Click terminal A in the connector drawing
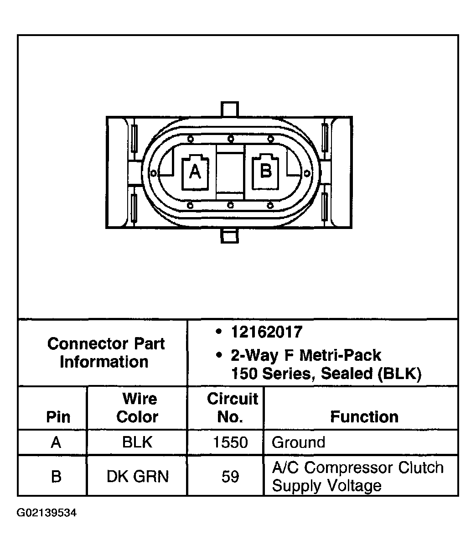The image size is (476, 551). coord(195,172)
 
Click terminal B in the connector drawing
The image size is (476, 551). coord(265,172)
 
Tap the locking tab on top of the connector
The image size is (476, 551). coord(230,109)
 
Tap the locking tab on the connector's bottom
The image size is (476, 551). coord(230,235)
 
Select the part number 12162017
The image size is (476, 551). coord(267,332)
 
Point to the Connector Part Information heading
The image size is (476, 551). coord(106,353)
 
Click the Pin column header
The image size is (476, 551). coord(58,417)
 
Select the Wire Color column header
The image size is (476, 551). coord(137,408)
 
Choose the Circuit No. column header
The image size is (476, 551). coord(232,408)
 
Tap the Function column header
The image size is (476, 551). coord(364,417)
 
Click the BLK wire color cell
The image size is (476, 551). coord(137,442)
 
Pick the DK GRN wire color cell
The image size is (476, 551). coord(138,476)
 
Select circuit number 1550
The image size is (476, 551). coord(230,442)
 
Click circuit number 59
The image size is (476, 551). coord(230,477)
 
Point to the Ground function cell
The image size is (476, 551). coord(298,442)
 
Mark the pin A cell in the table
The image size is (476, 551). coord(56,442)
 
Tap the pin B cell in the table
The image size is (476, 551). coord(56,477)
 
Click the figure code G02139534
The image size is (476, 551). coord(47,513)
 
